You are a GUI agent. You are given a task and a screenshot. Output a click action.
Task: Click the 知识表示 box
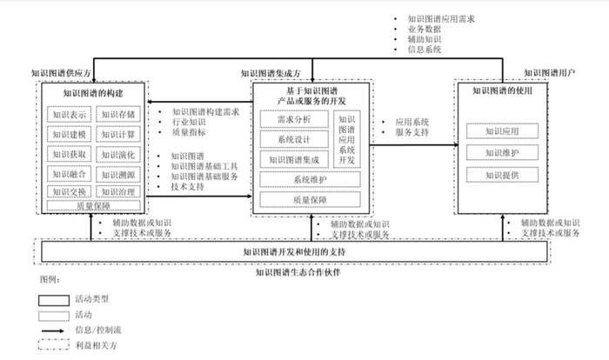69,114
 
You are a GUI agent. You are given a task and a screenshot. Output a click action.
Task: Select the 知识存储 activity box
116,114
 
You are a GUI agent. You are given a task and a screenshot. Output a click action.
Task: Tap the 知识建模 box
69,134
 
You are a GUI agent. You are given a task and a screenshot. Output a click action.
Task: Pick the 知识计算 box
116,134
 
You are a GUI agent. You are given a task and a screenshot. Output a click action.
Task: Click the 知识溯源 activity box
116,174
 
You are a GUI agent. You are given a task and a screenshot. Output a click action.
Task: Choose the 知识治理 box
116,192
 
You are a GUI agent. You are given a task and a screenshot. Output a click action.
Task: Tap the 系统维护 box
311,180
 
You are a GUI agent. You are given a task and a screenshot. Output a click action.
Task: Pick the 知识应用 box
502,131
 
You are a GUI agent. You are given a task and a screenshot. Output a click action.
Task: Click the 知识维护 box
502,153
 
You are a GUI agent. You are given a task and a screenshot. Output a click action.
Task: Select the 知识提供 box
502,175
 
